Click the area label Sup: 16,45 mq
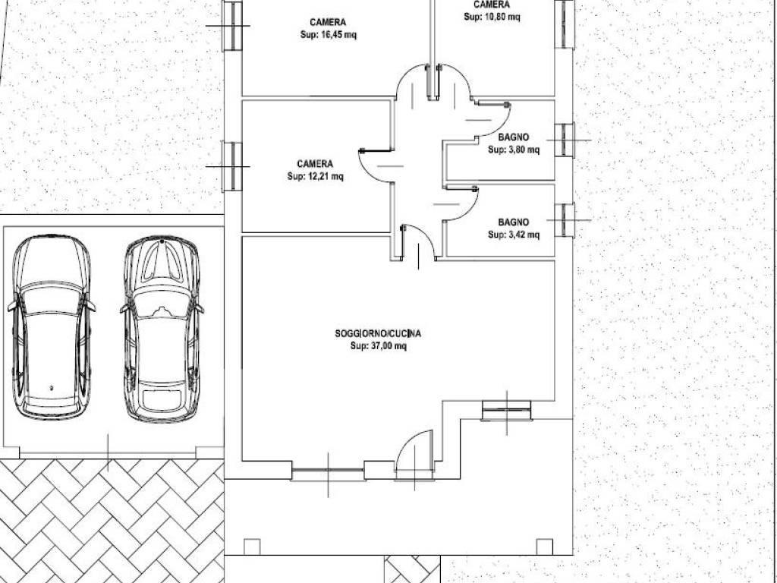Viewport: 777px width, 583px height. click(x=328, y=35)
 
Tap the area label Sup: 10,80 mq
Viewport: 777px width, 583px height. click(x=492, y=17)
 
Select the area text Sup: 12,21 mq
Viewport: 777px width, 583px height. click(x=315, y=176)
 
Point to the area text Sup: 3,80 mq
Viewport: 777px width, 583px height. click(x=514, y=150)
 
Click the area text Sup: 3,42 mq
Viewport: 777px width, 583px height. click(x=514, y=235)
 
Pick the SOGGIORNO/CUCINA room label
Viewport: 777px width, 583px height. click(x=378, y=334)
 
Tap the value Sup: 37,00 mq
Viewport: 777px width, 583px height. click(x=378, y=345)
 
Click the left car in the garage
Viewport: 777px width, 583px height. click(x=52, y=327)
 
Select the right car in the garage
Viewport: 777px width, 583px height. click(x=162, y=329)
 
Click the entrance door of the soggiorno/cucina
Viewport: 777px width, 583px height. click(x=414, y=454)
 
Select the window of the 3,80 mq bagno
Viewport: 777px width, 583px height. click(x=565, y=140)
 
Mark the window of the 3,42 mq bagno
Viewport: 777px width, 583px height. click(x=565, y=220)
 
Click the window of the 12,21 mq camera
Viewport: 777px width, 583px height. click(x=231, y=166)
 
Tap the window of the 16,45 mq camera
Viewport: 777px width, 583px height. click(x=231, y=26)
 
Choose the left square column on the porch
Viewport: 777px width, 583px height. click(x=252, y=547)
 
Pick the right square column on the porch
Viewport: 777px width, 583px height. click(x=545, y=547)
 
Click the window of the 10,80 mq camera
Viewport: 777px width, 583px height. click(x=565, y=24)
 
